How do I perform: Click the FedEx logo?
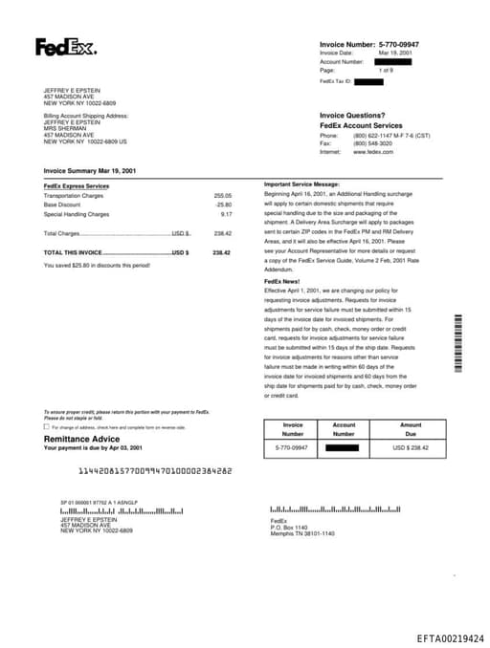pyautogui.click(x=65, y=47)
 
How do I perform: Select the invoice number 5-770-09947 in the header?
pyautogui.click(x=399, y=44)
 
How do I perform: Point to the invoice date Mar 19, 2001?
pyautogui.click(x=396, y=53)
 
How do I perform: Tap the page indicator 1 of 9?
pyautogui.click(x=386, y=71)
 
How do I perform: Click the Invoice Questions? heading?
pyautogui.click(x=352, y=115)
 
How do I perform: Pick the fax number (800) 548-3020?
pyautogui.click(x=373, y=143)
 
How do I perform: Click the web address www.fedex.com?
pyautogui.click(x=373, y=152)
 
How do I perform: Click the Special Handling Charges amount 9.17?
pyautogui.click(x=226, y=214)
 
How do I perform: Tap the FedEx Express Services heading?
pyautogui.click(x=77, y=185)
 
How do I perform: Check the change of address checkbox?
pyautogui.click(x=47, y=426)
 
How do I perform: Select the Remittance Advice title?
pyautogui.click(x=82, y=438)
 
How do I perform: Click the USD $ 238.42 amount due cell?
pyautogui.click(x=410, y=447)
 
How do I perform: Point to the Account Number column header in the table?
pyautogui.click(x=344, y=429)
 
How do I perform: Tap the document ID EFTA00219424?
pyautogui.click(x=450, y=637)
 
